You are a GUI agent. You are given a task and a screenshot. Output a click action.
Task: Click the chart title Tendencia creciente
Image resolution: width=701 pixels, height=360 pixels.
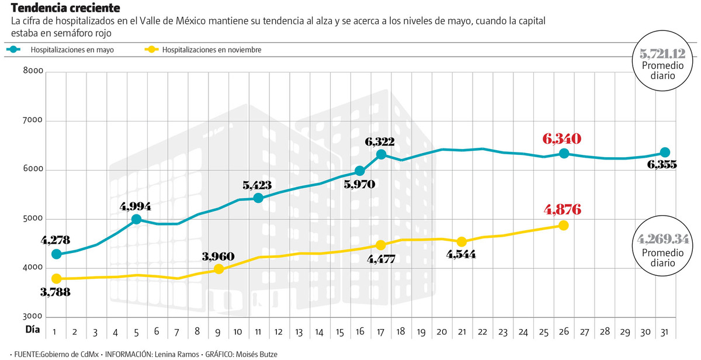click(x=65, y=8)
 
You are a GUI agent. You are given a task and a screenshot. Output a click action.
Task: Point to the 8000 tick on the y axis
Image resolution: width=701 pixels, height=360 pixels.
click(x=33, y=71)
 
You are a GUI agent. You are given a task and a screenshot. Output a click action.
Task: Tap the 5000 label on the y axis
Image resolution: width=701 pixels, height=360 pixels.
click(x=33, y=219)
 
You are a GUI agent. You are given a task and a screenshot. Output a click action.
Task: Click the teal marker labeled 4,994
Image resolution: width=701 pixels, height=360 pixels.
click(x=136, y=219)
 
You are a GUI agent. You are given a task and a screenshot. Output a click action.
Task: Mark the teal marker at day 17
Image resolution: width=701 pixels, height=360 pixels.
click(x=381, y=154)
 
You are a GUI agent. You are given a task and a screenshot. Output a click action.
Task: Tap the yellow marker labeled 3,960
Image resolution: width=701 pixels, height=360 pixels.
click(x=218, y=269)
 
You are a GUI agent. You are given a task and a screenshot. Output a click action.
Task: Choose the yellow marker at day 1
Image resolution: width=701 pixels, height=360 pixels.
click(x=56, y=279)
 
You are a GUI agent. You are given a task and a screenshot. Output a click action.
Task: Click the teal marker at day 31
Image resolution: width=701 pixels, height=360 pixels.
click(x=665, y=153)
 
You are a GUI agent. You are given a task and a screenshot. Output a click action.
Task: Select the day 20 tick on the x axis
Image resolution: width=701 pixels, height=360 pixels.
click(x=442, y=331)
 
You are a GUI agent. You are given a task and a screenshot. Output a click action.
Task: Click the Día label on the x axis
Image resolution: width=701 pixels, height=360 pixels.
click(x=33, y=330)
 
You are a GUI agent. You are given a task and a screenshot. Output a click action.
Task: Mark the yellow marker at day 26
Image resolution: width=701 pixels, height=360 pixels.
click(x=563, y=226)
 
